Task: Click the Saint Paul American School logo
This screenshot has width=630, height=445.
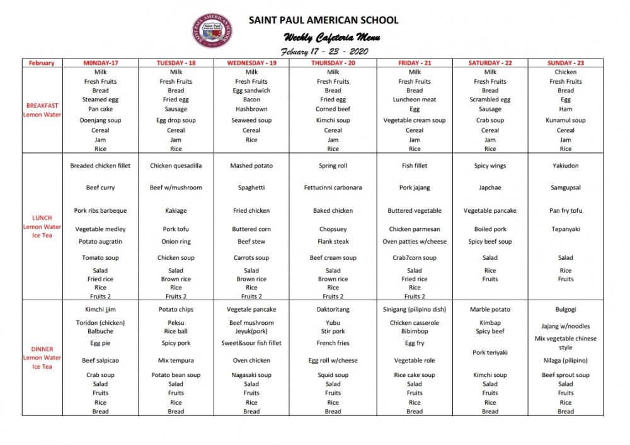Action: [x=212, y=31]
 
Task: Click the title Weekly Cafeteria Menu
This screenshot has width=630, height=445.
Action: [x=331, y=37]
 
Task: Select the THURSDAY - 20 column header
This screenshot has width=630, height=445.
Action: [x=333, y=63]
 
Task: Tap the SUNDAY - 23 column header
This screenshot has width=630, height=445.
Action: [x=565, y=63]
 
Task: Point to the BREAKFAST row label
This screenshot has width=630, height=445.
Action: [x=42, y=106]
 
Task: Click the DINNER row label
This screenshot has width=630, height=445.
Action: [x=42, y=349]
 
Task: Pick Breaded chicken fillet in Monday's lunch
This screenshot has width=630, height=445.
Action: [x=100, y=166]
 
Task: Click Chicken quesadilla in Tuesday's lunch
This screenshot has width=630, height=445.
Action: [x=176, y=166]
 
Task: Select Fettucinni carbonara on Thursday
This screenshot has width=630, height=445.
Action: [x=333, y=188]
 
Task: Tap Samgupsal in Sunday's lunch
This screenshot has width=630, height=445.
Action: [x=565, y=188]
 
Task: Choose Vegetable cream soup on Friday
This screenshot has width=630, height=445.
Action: [x=414, y=120]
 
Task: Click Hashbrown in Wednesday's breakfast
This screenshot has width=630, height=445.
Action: [x=251, y=109]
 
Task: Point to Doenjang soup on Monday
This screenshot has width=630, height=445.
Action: [x=100, y=120]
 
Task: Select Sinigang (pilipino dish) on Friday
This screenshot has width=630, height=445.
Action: [x=414, y=310]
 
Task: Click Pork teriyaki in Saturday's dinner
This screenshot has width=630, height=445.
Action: [x=490, y=352]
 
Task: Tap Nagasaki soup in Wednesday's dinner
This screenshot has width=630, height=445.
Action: [x=251, y=375]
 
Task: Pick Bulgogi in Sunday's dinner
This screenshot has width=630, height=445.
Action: [x=565, y=310]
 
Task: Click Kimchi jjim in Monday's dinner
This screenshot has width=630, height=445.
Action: [x=100, y=310]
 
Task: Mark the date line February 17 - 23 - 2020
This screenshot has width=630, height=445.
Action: [x=324, y=52]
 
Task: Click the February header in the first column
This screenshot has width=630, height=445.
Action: [x=42, y=63]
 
